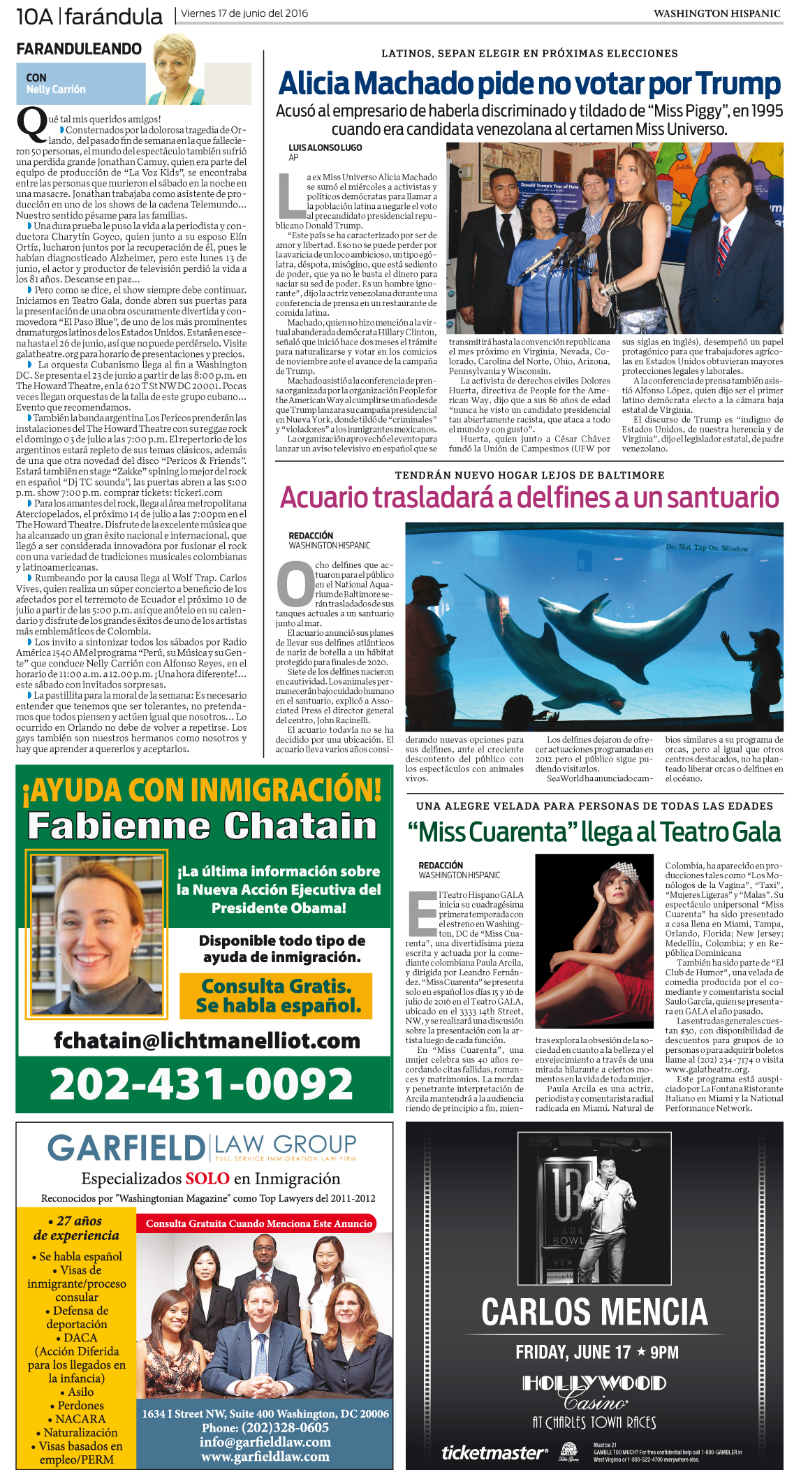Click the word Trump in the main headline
click(x=737, y=84)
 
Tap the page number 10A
click(x=34, y=16)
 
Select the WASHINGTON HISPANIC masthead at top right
click(x=717, y=13)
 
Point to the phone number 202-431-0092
click(x=202, y=1084)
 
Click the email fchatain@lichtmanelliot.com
click(x=207, y=1040)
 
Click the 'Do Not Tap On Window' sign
click(x=706, y=548)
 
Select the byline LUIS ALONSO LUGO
click(x=325, y=147)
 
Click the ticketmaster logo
click(x=494, y=1453)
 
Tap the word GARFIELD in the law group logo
click(x=126, y=1149)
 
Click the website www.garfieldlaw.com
click(x=265, y=1457)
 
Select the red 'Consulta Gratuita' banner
click(x=259, y=1223)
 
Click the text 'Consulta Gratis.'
click(x=276, y=986)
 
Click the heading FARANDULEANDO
click(x=79, y=49)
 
